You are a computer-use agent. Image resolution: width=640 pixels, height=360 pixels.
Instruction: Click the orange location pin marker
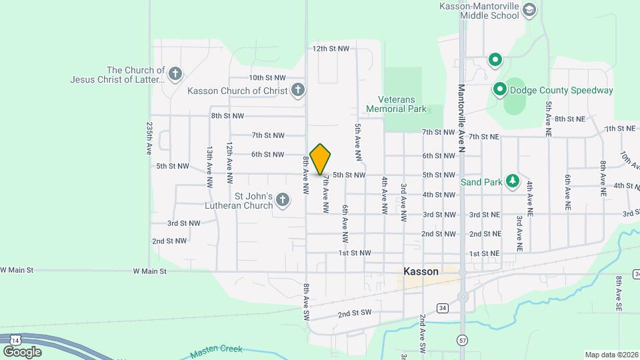(x=321, y=159)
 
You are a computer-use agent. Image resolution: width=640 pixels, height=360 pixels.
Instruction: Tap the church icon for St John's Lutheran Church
(x=283, y=200)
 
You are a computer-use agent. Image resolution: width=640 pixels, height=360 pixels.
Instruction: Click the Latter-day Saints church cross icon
(x=175, y=74)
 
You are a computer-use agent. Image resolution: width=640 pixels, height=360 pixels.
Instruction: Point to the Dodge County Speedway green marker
(x=499, y=89)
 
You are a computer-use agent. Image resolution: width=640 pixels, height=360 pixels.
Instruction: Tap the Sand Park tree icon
(x=512, y=181)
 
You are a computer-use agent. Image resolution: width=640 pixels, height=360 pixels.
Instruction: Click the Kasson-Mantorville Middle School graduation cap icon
(x=529, y=10)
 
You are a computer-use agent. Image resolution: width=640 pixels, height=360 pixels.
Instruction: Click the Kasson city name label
(x=421, y=271)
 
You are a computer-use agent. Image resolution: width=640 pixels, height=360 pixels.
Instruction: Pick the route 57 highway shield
(x=462, y=340)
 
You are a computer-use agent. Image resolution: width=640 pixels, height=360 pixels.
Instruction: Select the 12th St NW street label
(x=331, y=49)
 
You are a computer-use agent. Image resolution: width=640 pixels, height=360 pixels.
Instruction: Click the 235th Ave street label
(x=149, y=138)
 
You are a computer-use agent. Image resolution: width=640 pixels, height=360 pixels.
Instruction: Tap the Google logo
(x=22, y=351)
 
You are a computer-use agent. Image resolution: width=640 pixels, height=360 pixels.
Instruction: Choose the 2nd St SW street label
(x=353, y=313)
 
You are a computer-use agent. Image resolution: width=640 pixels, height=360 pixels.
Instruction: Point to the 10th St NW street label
(x=267, y=78)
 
